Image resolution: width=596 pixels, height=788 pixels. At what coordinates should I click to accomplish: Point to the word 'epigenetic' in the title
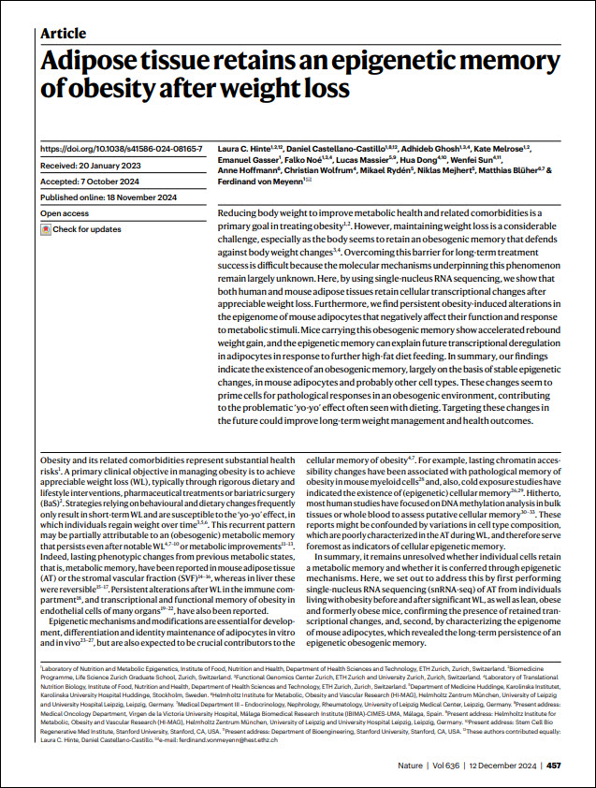coord(425,62)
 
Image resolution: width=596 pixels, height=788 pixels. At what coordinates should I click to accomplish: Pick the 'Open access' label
coord(65,213)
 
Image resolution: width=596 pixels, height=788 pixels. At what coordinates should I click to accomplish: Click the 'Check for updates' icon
coord(46,229)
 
